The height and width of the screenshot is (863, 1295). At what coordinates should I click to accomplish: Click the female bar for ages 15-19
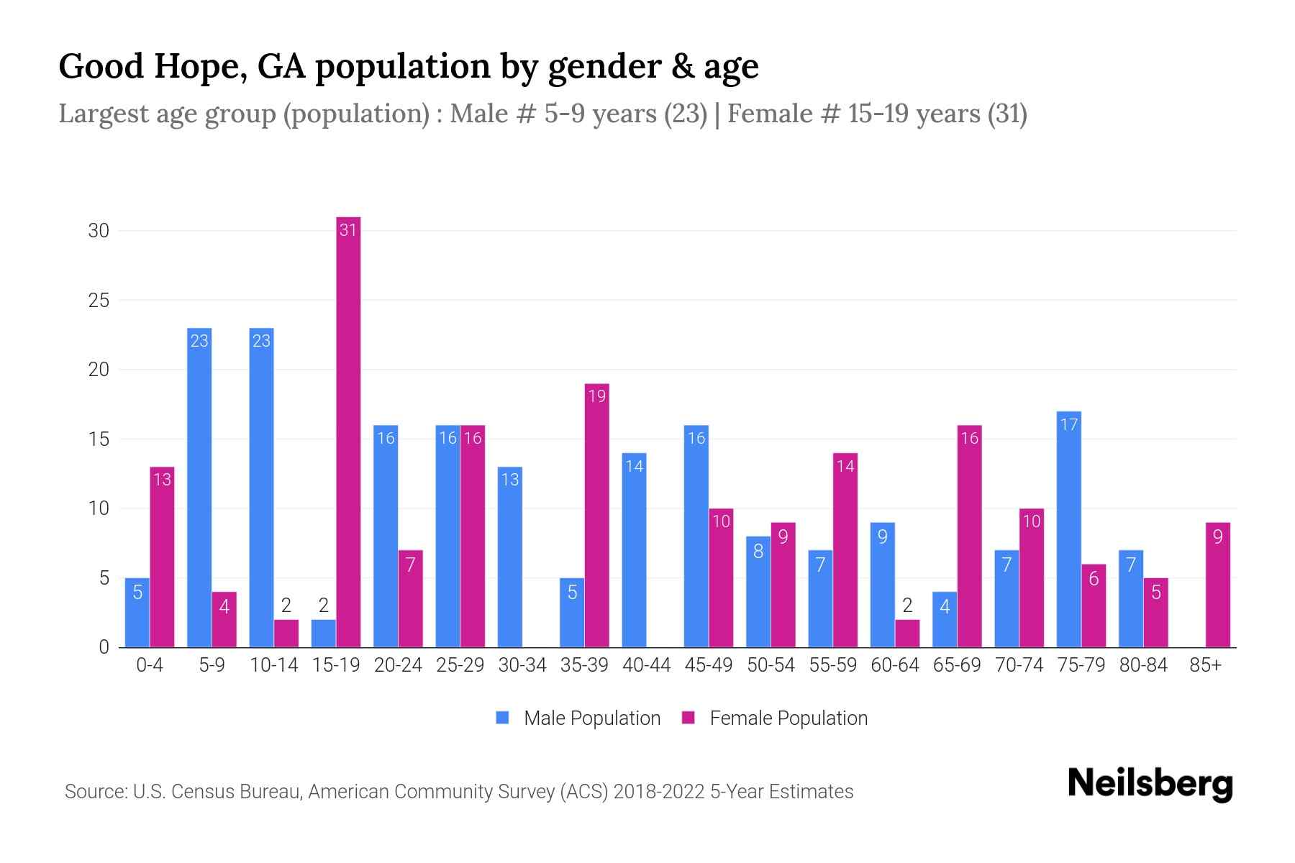348,431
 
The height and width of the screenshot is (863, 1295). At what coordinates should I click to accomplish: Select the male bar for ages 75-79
1068,529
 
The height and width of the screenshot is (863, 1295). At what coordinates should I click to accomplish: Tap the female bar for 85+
1217,585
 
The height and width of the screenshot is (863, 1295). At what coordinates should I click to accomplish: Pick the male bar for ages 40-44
634,550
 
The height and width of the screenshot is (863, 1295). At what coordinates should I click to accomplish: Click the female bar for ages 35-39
596,515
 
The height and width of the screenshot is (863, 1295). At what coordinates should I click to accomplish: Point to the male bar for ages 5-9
199,488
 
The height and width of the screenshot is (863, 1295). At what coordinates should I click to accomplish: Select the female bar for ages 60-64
907,634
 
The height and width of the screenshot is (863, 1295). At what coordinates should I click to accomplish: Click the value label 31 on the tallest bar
348,230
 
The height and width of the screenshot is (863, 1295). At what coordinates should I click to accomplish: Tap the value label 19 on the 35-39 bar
596,396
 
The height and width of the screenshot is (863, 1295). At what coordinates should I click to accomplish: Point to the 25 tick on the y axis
99,301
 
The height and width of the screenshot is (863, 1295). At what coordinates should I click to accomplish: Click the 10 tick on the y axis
99,509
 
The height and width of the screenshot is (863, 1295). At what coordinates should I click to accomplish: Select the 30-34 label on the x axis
522,665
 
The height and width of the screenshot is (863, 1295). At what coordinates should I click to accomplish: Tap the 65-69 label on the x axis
957,665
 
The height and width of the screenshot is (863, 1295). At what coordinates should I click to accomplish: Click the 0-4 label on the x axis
150,665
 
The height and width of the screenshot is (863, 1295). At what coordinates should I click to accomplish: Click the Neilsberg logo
1150,784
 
